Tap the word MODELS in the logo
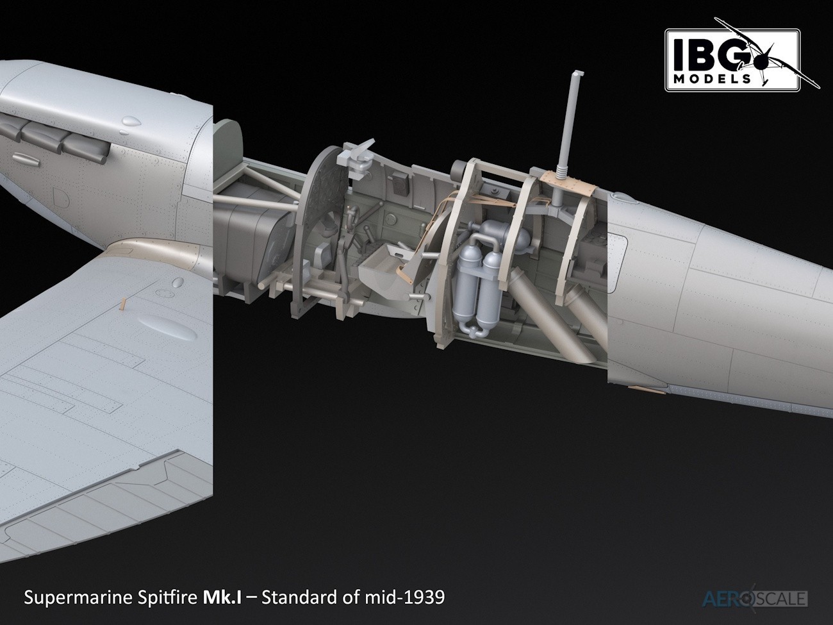pos(713,79)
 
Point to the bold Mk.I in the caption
pos(222,597)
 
